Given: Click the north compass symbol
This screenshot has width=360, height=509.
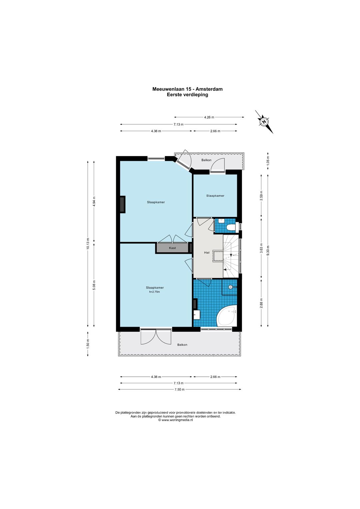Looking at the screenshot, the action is click(264, 122).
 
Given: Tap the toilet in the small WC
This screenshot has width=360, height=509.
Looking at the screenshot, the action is click(232, 227).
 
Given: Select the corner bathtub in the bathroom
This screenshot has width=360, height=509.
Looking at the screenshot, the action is click(227, 315).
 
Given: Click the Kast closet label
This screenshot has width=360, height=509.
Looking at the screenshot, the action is click(172, 248).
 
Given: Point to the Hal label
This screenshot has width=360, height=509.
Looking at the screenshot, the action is click(207, 252).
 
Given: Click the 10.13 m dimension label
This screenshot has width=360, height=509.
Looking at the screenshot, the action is click(88, 243).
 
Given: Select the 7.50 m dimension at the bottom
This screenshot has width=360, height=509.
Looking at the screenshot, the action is click(180, 389).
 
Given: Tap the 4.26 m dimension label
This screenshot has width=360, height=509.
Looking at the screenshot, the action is click(209, 117).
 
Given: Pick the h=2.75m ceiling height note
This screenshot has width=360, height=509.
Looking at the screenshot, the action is click(155, 292).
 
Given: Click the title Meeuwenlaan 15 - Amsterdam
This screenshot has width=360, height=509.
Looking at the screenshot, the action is click(187, 89).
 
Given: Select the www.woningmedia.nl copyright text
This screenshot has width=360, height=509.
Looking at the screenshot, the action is click(176, 420).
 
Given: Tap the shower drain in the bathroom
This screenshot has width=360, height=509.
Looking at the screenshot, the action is click(230, 287).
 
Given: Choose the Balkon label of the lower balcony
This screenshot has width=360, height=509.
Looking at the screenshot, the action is click(182, 345).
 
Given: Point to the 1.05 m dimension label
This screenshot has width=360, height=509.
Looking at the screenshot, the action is click(268, 161).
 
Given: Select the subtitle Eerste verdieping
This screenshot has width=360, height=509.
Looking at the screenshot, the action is click(187, 95).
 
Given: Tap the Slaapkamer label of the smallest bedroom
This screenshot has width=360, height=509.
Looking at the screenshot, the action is click(215, 196).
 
